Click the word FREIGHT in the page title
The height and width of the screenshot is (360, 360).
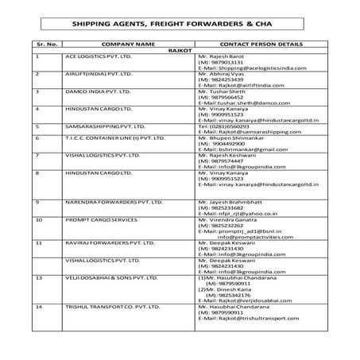click(158, 25)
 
